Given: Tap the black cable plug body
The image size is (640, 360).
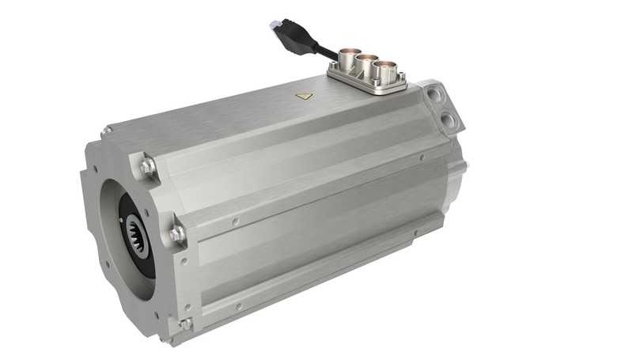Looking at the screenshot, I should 294,40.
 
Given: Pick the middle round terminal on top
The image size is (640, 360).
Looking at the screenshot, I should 365,64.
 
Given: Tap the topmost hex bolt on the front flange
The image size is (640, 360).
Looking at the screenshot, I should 147,167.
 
